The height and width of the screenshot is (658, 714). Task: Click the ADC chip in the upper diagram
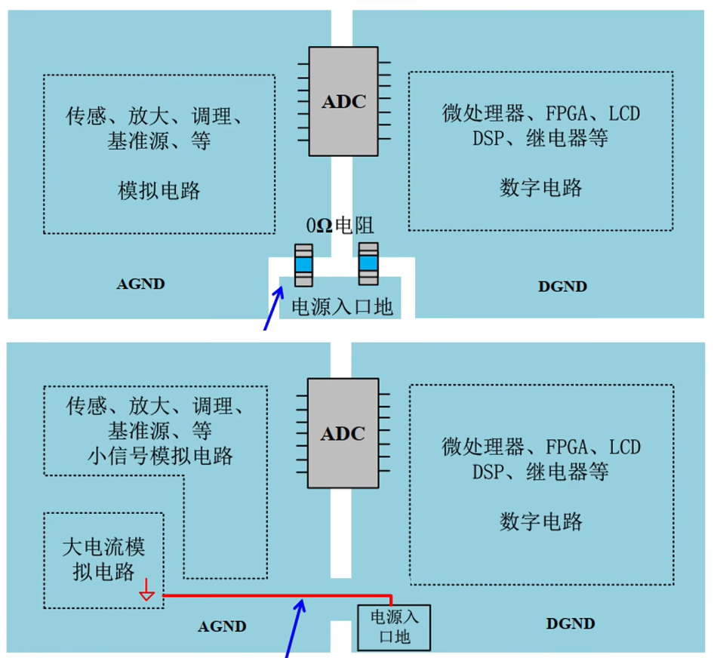click(343, 101)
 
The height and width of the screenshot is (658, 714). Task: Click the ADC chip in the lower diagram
click(343, 433)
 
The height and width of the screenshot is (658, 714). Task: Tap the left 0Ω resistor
click(303, 264)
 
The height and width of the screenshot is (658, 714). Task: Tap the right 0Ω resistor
click(368, 264)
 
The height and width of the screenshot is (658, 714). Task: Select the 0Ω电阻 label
click(340, 226)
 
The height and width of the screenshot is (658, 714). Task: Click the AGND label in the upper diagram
click(140, 284)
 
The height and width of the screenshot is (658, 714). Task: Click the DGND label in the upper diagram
click(562, 286)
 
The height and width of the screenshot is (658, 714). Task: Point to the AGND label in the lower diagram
click(222, 626)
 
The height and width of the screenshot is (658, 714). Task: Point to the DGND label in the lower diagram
click(570, 624)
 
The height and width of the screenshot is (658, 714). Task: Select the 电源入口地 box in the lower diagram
click(393, 627)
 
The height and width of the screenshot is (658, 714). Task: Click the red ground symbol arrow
click(147, 595)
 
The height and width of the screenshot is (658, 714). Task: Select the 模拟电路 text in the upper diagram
click(159, 189)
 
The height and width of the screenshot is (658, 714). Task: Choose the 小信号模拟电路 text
click(159, 455)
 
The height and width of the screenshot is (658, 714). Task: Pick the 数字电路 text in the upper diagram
click(540, 187)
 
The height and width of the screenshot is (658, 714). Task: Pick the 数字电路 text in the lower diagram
click(540, 521)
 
